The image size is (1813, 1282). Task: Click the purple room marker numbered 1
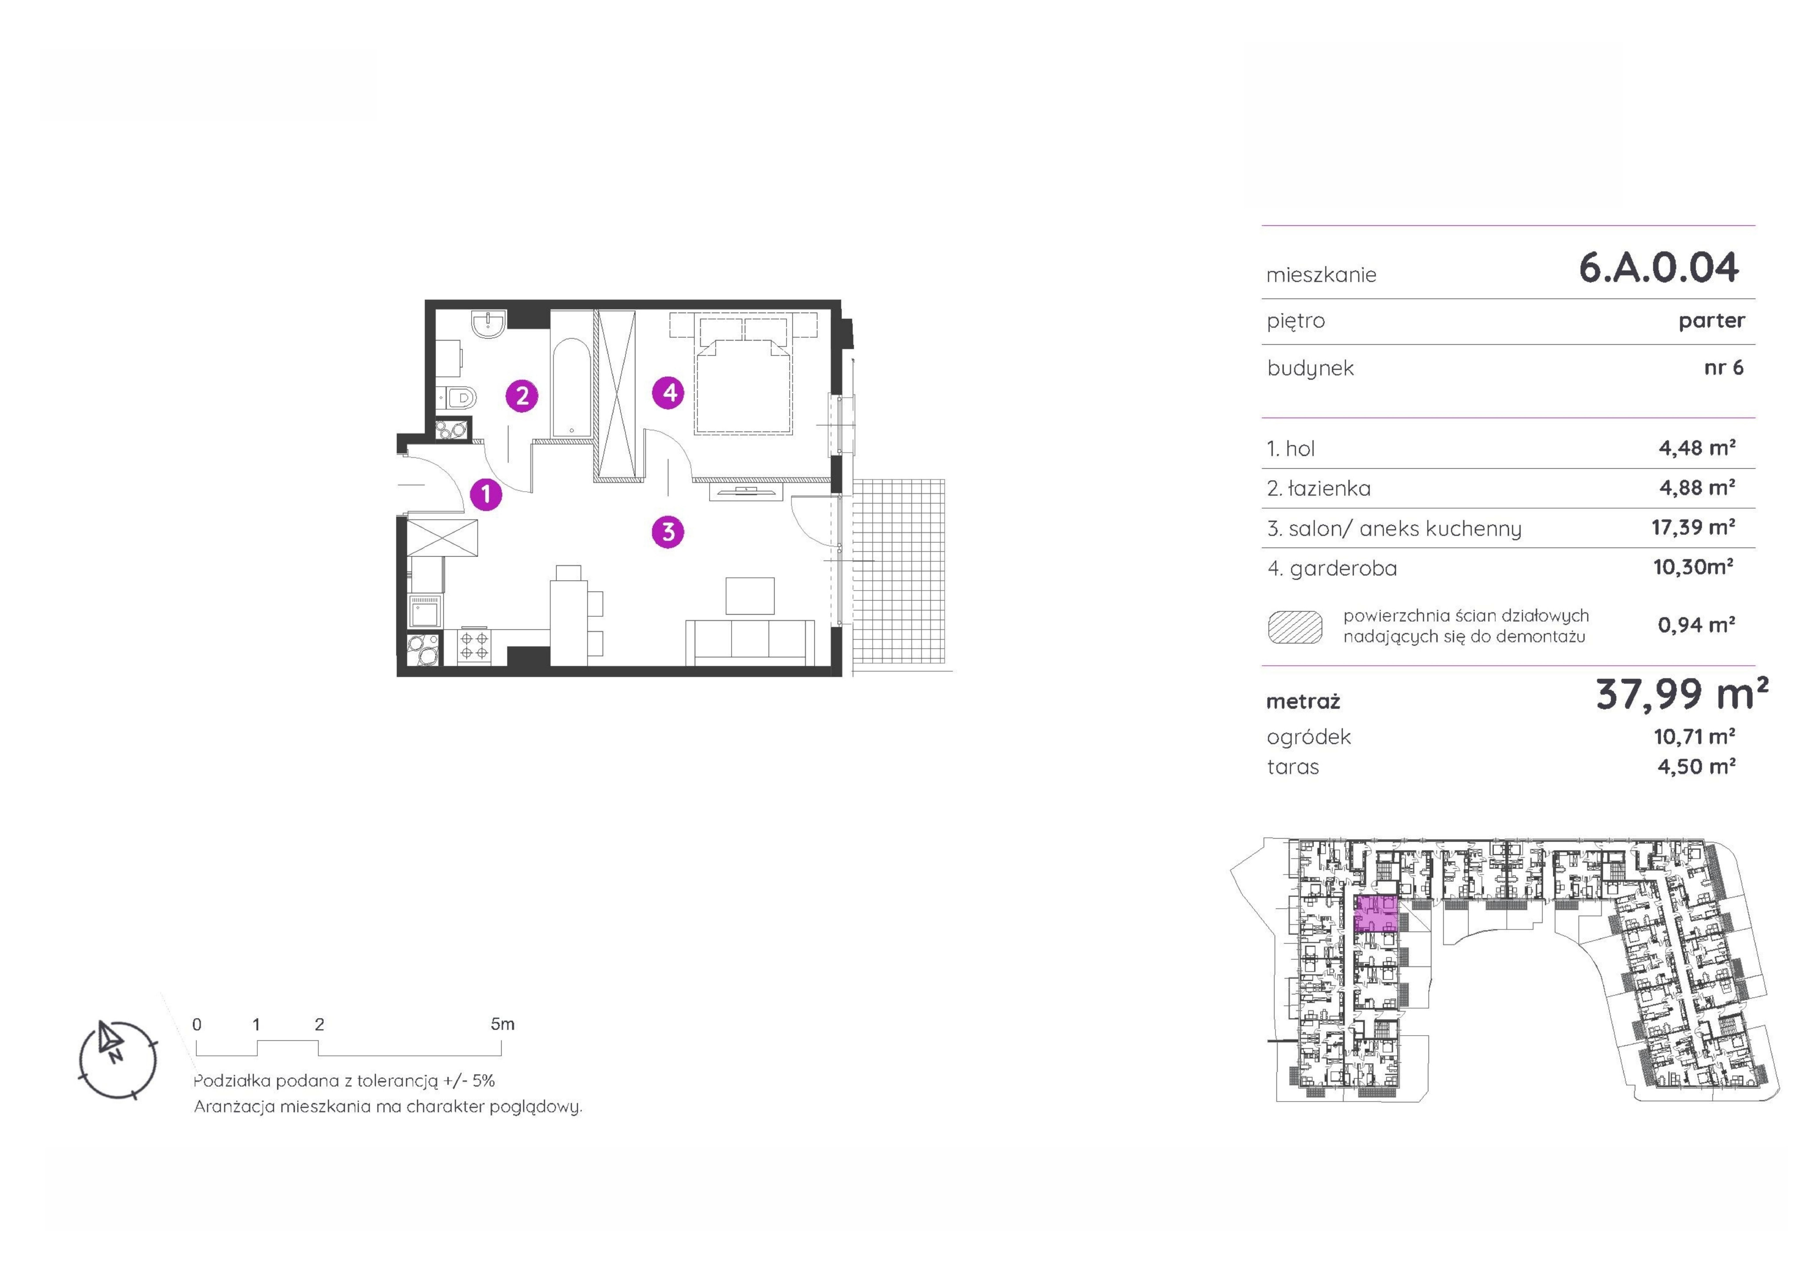click(x=486, y=495)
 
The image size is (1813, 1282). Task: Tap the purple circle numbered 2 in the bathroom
click(x=522, y=396)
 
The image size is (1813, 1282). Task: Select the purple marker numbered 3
click(x=668, y=532)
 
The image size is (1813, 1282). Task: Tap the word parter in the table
click(x=1711, y=321)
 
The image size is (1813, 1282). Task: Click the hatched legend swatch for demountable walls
click(x=1295, y=627)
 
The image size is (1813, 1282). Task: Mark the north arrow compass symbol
click(x=117, y=1059)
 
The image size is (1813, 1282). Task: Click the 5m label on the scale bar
click(x=502, y=1024)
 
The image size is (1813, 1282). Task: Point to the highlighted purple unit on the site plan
click(x=1376, y=915)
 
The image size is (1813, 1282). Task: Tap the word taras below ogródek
click(x=1293, y=767)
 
